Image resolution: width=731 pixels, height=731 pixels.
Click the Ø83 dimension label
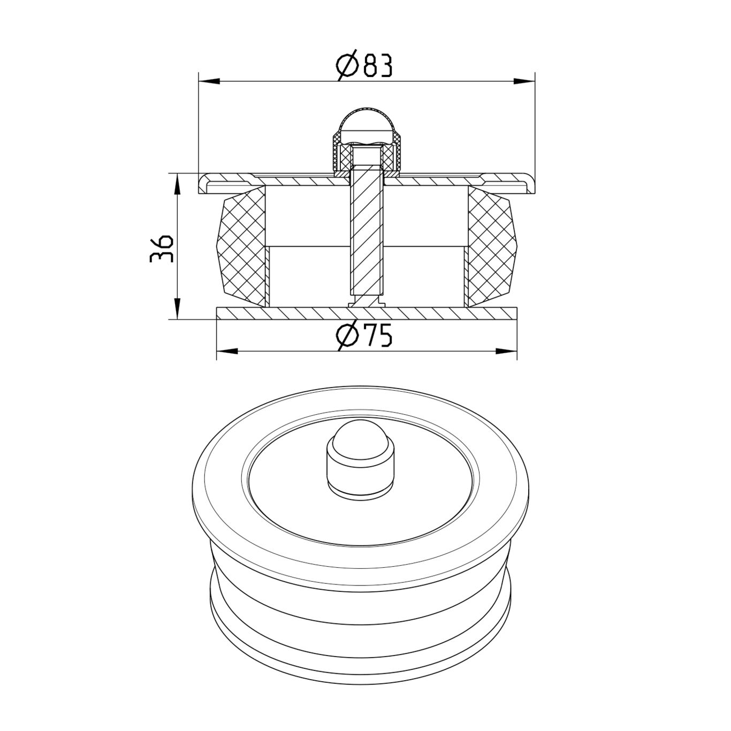coord(365,65)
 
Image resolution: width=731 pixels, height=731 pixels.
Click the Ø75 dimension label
coord(365,336)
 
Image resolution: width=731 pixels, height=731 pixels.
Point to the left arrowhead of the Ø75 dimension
coord(227,352)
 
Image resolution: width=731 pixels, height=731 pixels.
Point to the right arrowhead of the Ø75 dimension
coord(506,352)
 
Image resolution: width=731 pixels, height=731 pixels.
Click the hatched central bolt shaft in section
coord(367,235)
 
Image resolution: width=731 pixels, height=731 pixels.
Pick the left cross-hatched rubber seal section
coord(241,246)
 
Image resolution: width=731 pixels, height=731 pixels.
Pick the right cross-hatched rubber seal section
coord(491,246)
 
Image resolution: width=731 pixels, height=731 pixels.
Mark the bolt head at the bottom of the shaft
coord(367,303)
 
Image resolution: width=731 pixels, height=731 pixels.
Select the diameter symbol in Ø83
coord(348,66)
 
